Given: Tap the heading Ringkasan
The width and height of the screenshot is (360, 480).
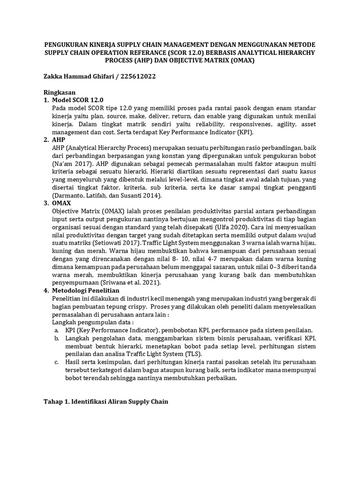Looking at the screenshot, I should (60, 92).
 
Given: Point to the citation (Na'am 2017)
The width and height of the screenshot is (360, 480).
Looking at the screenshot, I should (75, 163).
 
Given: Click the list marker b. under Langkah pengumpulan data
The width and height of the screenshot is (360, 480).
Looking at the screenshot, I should (56, 338).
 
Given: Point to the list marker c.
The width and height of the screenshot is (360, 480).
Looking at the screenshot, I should (56, 362).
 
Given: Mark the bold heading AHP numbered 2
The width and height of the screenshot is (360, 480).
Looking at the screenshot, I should (59, 140).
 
